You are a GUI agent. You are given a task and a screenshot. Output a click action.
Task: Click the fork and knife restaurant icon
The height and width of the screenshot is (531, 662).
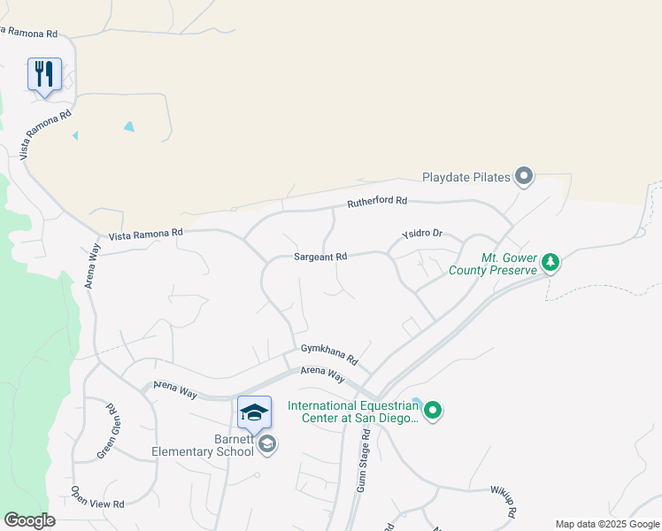pos(45,73)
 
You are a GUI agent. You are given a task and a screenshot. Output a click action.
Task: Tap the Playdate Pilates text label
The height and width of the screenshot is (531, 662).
pos(466,177)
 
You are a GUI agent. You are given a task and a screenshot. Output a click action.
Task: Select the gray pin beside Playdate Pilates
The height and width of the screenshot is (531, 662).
pos(524,176)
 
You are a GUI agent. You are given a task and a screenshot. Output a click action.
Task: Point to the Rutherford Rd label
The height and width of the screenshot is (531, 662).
pos(377,202)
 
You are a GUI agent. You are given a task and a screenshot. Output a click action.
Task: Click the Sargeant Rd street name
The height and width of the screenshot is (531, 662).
pos(320,257)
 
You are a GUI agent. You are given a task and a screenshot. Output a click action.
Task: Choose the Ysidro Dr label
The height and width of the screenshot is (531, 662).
pos(421,234)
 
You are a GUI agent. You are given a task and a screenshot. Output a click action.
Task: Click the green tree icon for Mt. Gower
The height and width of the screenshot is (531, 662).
pos(550,262)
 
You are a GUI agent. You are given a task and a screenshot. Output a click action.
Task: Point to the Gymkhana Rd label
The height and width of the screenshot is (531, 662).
pos(328,354)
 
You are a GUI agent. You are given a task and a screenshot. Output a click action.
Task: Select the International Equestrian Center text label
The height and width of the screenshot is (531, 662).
pos(352,412)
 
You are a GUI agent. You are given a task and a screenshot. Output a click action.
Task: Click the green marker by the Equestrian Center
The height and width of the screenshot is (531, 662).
pos(433,410)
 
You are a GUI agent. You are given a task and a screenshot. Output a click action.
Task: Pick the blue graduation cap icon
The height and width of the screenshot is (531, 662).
pos(254,412)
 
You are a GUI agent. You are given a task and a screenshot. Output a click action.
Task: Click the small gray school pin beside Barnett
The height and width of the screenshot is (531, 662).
pos(267,444)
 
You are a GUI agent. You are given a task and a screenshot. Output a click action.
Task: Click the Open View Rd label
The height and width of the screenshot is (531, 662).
pos(97,497)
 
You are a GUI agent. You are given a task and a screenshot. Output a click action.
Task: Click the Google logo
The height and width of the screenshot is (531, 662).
pos(29,520)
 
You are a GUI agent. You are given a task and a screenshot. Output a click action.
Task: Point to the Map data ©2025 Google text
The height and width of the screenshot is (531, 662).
pos(607,524)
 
